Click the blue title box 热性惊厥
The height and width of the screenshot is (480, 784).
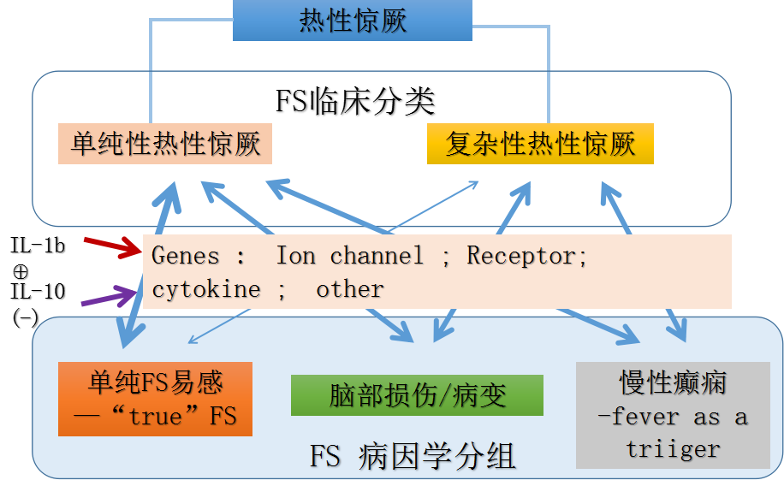click(x=353, y=21)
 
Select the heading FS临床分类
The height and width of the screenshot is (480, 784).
click(x=355, y=101)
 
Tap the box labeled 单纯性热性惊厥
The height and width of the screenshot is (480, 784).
click(x=165, y=144)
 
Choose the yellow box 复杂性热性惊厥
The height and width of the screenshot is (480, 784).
click(x=540, y=144)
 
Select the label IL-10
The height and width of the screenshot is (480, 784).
click(x=37, y=292)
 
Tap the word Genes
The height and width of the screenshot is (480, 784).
click(x=185, y=256)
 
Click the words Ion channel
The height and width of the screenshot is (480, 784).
click(x=349, y=256)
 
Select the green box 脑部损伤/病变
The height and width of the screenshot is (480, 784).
click(x=417, y=395)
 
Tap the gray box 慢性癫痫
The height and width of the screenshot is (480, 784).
click(x=673, y=382)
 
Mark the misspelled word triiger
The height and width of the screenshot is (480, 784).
click(x=673, y=449)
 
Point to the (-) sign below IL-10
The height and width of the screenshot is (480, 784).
click(x=25, y=317)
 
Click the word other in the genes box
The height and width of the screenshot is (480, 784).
click(x=350, y=289)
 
